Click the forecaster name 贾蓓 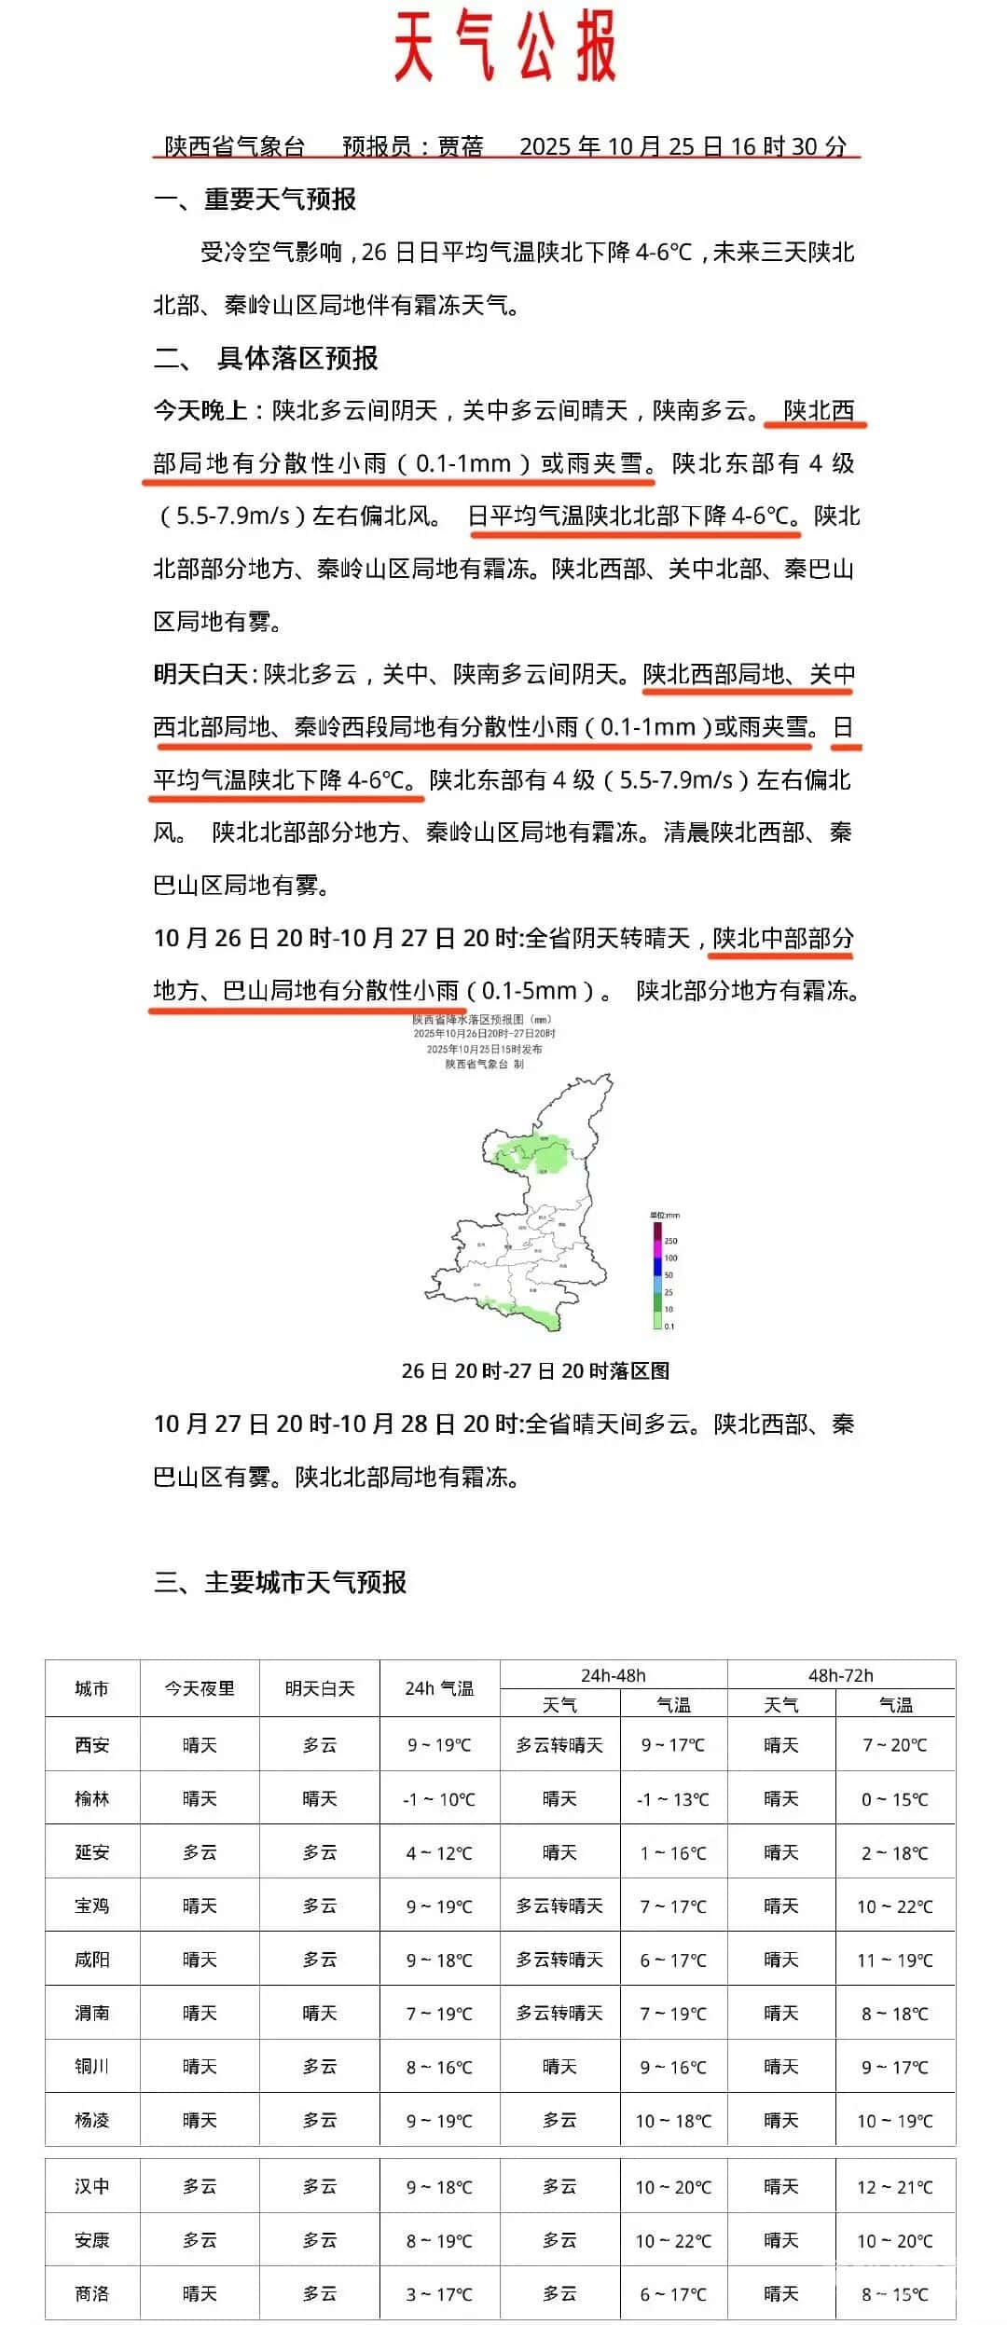click(x=461, y=146)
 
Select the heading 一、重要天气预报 click(x=255, y=199)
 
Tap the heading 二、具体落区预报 click(x=266, y=359)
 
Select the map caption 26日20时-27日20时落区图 click(x=535, y=1370)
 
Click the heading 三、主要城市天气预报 click(x=280, y=1583)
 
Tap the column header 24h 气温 click(x=439, y=1688)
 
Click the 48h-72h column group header click(x=840, y=1675)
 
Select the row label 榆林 click(x=92, y=1798)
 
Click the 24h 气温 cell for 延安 click(x=439, y=1852)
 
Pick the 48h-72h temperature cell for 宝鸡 click(x=895, y=1906)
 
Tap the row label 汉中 click(x=92, y=2186)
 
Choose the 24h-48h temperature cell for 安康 click(x=673, y=2240)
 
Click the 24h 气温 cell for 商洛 click(x=439, y=2293)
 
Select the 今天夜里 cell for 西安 click(x=200, y=1745)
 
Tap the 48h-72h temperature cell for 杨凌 click(x=895, y=2121)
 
